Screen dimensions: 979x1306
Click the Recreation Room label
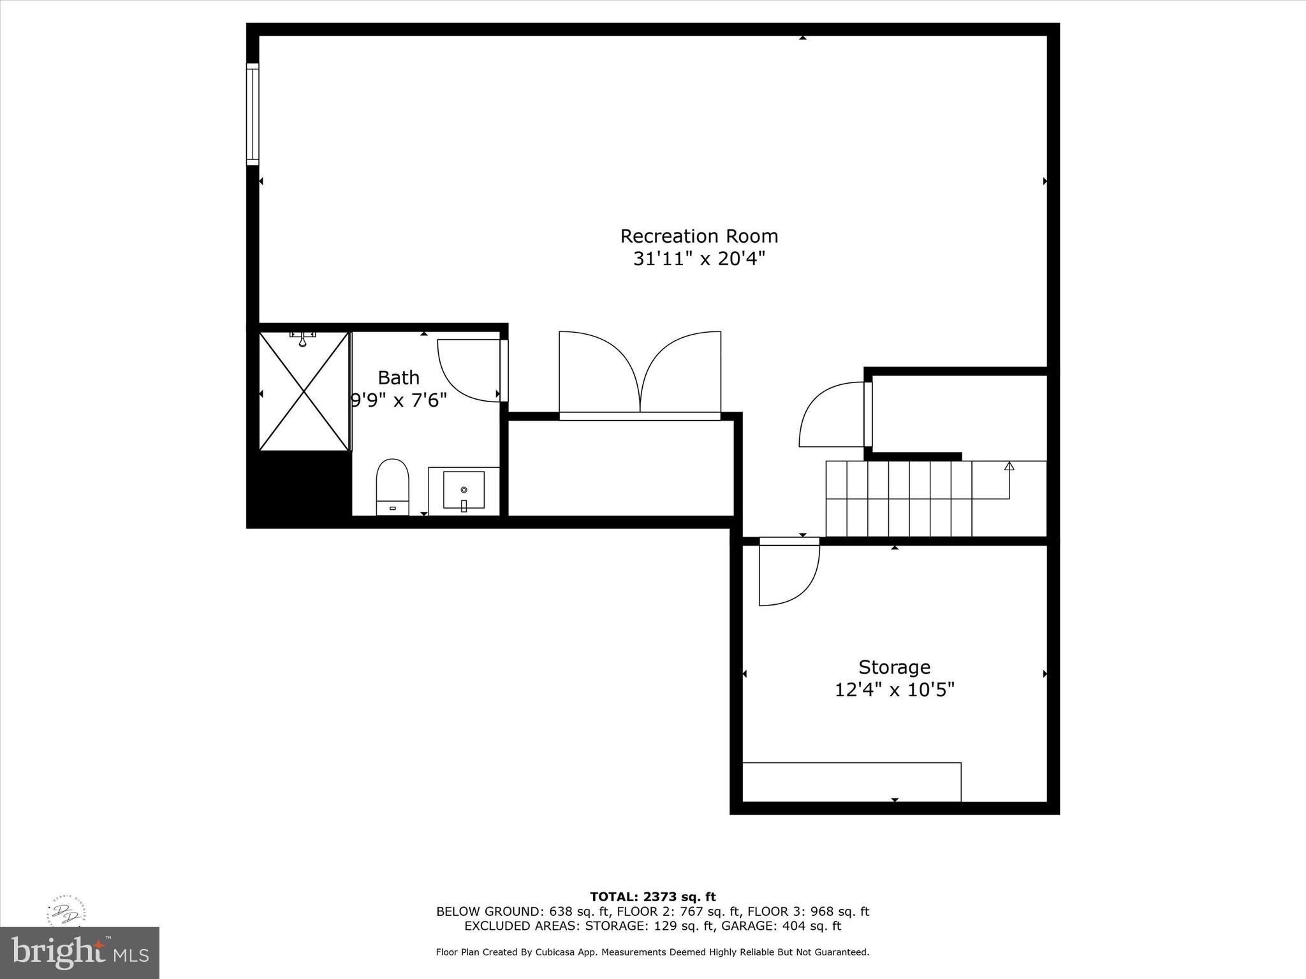(699, 236)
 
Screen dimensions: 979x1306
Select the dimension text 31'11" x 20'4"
(699, 259)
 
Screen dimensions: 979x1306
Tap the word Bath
(399, 378)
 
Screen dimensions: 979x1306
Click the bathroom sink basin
(464, 489)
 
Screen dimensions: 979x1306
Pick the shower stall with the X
(304, 391)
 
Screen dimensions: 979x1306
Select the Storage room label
(894, 667)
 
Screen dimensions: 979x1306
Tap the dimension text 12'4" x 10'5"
(894, 690)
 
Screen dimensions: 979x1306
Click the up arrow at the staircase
(1009, 467)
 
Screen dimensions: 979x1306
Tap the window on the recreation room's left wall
(253, 115)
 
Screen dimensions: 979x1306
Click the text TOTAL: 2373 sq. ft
(652, 897)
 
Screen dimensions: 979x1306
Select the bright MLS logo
(80, 952)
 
